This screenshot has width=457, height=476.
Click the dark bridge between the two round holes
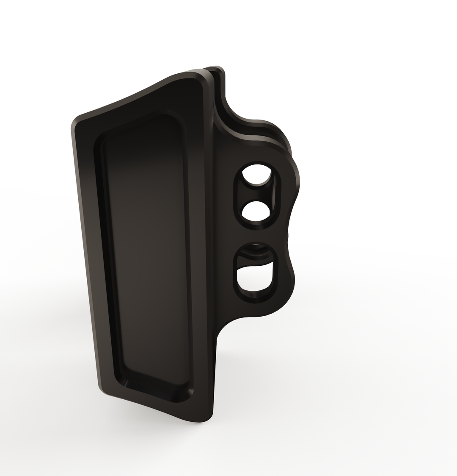click(x=255, y=193)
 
